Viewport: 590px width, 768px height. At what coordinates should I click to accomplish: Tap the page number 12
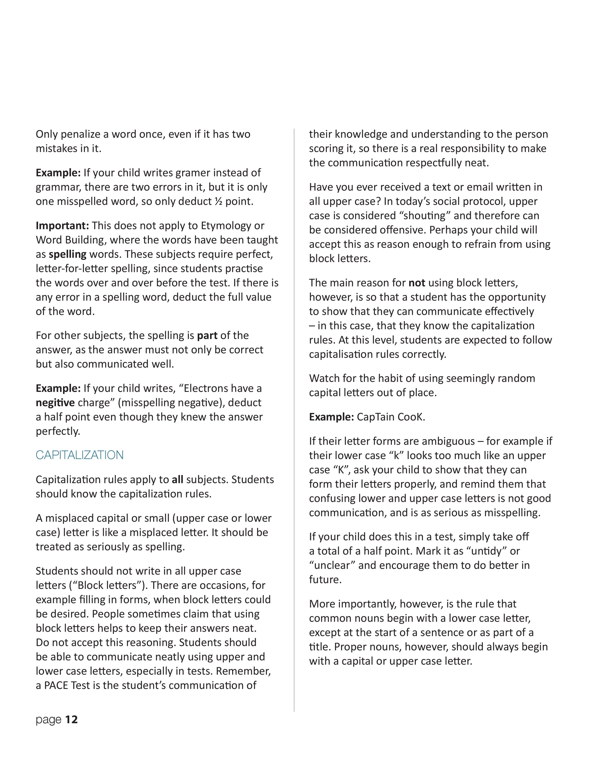(x=71, y=719)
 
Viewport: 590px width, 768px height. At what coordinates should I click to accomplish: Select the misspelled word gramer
(x=192, y=173)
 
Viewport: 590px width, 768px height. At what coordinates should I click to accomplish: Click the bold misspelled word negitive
(x=55, y=403)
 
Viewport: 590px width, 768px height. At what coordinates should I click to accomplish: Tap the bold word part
(x=207, y=335)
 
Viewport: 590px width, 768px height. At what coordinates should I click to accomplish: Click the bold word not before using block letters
(x=417, y=283)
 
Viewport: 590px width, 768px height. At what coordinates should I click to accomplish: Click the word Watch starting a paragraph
(x=325, y=378)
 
